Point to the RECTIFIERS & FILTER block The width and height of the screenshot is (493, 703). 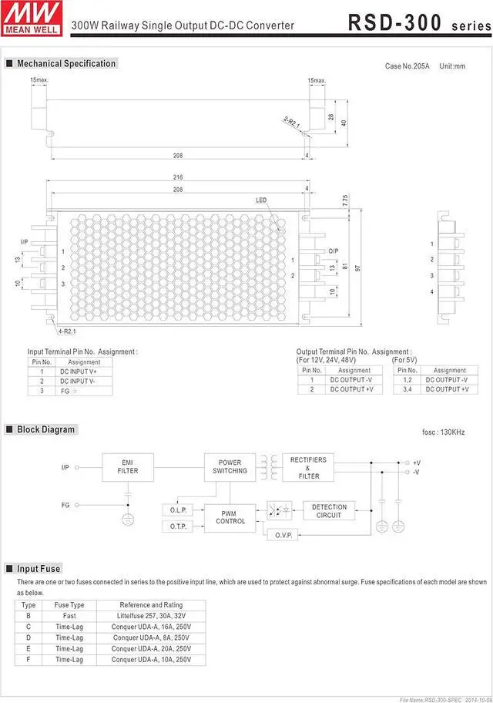tap(308, 467)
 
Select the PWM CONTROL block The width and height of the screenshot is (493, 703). tap(230, 517)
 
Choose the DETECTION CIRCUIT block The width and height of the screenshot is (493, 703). tap(329, 510)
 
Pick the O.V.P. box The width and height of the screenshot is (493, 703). tap(283, 535)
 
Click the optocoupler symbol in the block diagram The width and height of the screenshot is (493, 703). tap(278, 510)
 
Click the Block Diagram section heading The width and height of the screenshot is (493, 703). tap(45, 429)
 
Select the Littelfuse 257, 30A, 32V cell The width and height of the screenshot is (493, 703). tap(151, 616)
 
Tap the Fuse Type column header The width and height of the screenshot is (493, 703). tap(69, 605)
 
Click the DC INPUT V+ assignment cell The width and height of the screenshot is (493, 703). tap(84, 372)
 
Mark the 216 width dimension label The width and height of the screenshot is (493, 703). tap(178, 177)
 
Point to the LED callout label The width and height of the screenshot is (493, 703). tap(261, 200)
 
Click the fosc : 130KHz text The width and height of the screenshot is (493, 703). tap(444, 432)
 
